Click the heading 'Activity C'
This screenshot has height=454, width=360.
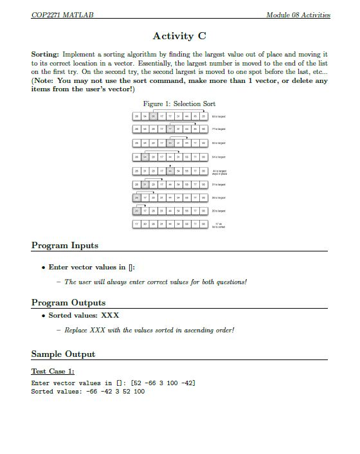click(x=180, y=36)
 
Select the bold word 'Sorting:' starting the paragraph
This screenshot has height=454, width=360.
click(x=45, y=55)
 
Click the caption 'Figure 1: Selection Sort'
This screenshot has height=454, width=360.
click(x=179, y=104)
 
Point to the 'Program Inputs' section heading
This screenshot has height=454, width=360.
click(x=65, y=245)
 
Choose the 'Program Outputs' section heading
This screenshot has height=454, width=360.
click(x=68, y=302)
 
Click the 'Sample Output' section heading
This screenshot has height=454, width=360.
click(x=63, y=354)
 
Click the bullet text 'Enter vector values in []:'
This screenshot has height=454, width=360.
click(x=92, y=267)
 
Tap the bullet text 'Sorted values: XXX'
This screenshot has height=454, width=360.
click(x=84, y=315)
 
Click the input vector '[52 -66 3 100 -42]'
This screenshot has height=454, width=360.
click(x=163, y=383)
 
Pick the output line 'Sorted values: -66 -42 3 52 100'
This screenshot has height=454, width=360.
click(x=88, y=391)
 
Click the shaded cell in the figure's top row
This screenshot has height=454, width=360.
click(x=154, y=116)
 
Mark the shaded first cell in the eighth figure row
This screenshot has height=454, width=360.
click(x=137, y=211)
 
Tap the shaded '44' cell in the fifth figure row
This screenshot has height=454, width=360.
click(x=170, y=170)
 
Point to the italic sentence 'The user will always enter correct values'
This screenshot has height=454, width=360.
click(x=156, y=282)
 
